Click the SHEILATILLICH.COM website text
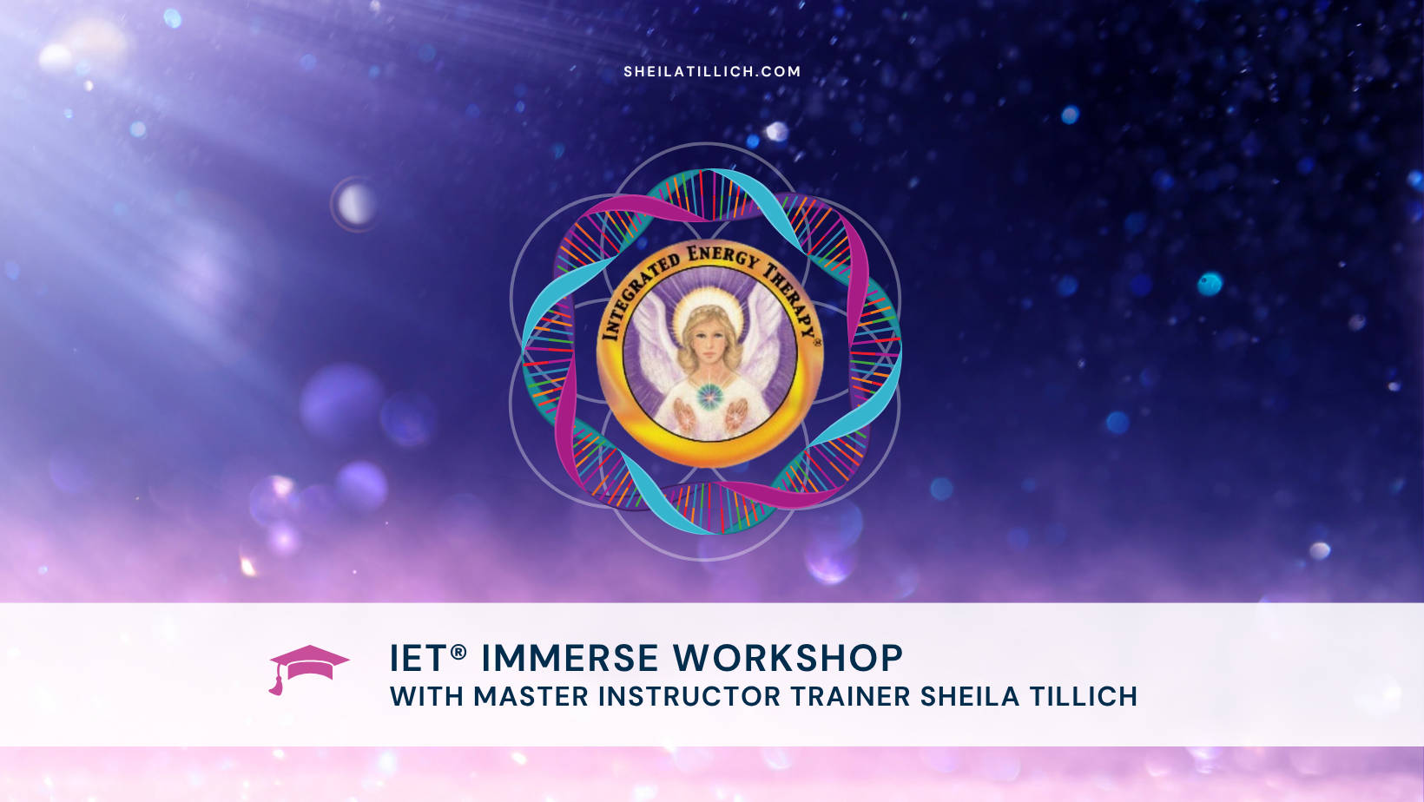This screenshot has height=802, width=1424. click(712, 71)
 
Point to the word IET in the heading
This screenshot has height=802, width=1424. click(418, 659)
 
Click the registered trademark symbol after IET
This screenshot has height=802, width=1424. click(458, 651)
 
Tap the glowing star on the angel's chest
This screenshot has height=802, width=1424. click(710, 396)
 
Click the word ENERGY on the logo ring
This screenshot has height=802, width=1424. click(722, 255)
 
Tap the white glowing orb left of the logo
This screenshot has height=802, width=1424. click(356, 205)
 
